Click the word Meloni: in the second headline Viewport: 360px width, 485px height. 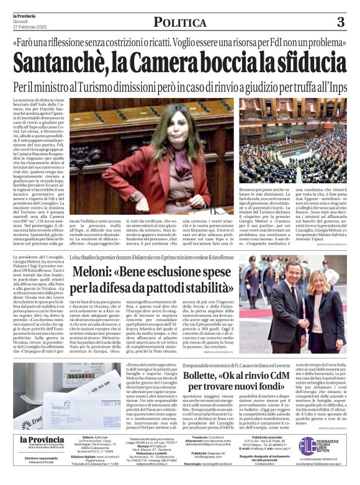click(99, 271)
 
